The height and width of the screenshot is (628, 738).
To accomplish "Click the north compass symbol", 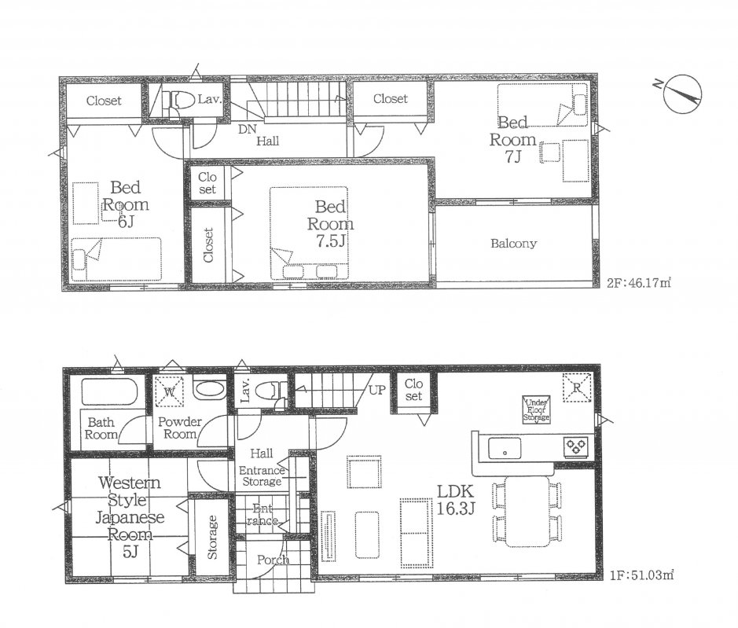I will [680, 94].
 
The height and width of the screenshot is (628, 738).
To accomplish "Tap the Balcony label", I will [513, 244].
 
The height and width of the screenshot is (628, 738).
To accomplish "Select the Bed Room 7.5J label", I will [330, 223].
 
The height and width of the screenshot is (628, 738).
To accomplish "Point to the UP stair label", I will [376, 388].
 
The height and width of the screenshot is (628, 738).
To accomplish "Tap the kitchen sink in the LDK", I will [503, 449].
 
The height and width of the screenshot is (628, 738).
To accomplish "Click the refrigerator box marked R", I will [577, 387].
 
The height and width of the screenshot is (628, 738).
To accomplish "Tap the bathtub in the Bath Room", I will [109, 391].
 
